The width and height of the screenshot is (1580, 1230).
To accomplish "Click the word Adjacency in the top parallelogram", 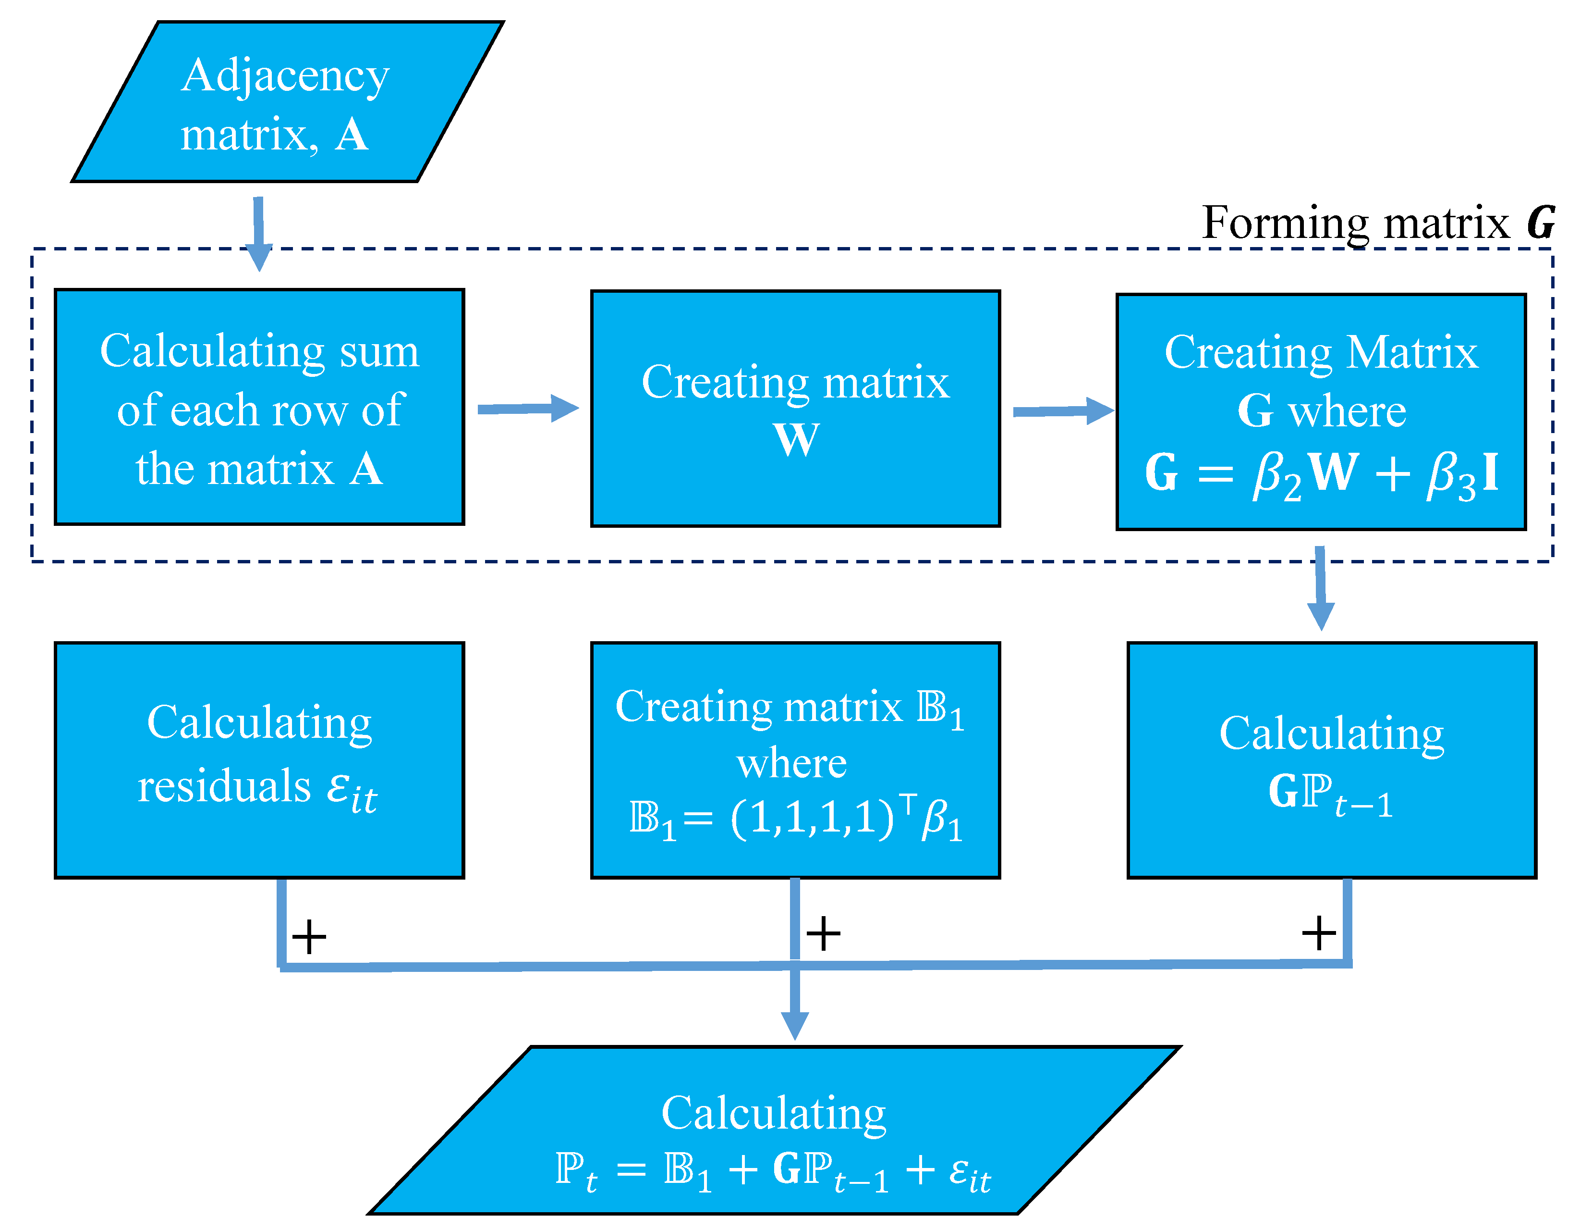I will tap(285, 76).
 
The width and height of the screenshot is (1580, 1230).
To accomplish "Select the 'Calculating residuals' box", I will tap(259, 760).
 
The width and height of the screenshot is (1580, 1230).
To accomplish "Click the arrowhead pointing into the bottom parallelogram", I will tap(794, 1024).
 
